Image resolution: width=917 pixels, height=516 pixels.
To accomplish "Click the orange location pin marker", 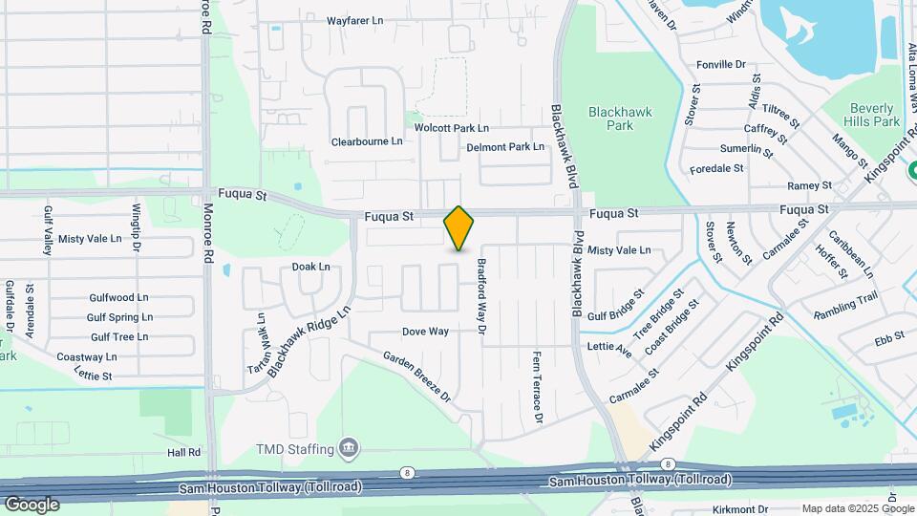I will click(459, 228).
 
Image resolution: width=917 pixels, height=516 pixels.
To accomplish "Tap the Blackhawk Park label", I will click(620, 118).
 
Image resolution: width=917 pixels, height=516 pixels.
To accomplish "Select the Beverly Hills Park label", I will click(873, 115).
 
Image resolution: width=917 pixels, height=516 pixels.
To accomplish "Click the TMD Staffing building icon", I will click(349, 449).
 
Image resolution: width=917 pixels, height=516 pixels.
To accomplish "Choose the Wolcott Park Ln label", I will click(452, 127).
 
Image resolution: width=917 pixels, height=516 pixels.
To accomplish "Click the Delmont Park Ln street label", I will click(505, 147).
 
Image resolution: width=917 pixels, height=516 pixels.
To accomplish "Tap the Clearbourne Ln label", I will click(367, 141).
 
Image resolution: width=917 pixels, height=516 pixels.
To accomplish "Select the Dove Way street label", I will click(425, 332).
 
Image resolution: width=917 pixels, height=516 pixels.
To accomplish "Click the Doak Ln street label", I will click(310, 267).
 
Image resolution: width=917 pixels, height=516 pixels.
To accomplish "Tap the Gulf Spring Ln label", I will click(119, 317).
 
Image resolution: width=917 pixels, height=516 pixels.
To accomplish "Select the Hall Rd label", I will click(183, 452).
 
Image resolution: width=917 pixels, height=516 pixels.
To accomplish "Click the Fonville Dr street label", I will click(721, 64).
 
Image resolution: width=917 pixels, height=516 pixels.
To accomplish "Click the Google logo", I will click(32, 505).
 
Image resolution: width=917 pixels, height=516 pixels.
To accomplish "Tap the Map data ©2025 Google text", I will click(844, 508).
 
